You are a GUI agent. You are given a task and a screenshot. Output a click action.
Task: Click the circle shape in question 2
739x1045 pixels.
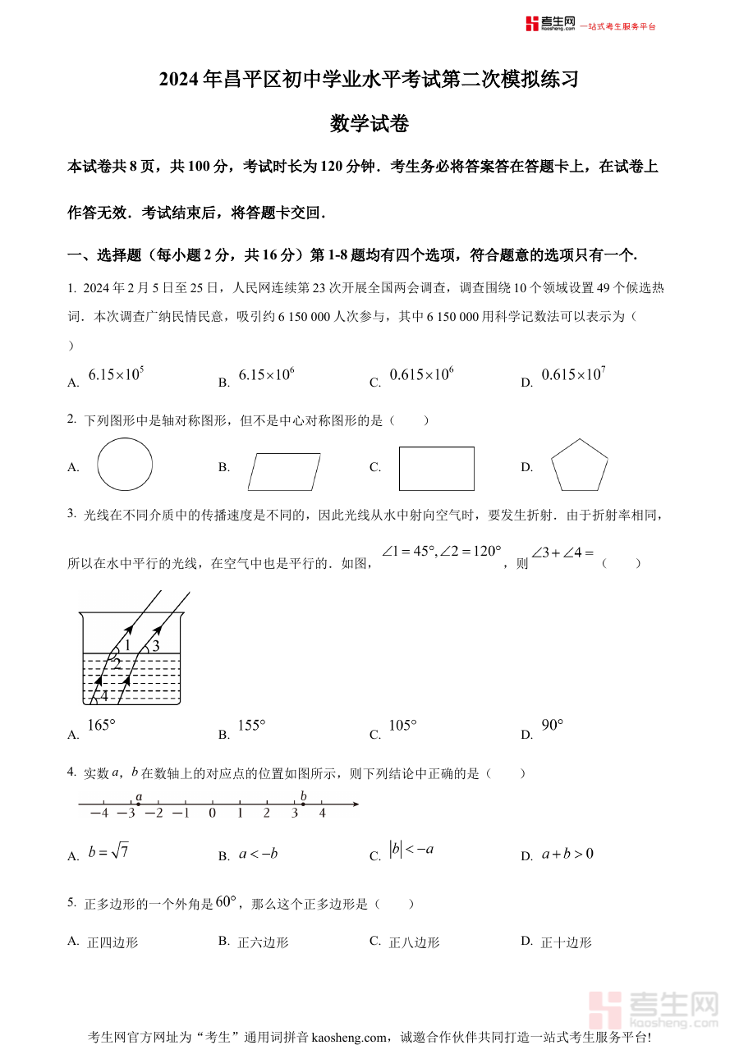click(x=125, y=465)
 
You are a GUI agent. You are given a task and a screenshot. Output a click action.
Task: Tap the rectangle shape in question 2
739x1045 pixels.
click(x=436, y=468)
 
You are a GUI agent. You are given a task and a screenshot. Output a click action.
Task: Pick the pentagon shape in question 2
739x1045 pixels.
click(x=580, y=467)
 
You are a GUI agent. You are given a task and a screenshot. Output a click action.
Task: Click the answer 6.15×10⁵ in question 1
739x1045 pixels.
click(x=116, y=375)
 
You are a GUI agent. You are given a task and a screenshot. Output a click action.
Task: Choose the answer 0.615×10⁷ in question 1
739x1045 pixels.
click(x=573, y=375)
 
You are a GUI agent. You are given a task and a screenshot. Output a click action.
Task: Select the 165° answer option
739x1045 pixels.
click(x=101, y=726)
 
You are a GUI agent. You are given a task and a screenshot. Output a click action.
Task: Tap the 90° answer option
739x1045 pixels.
click(x=553, y=726)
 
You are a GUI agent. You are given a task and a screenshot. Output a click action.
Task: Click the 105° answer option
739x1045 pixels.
click(x=402, y=726)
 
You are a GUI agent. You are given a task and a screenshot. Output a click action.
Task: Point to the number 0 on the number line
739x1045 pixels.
click(x=212, y=814)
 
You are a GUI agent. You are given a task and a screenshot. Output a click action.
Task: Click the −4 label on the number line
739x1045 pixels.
click(x=99, y=814)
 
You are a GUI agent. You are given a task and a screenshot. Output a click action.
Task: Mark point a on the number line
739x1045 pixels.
click(x=138, y=804)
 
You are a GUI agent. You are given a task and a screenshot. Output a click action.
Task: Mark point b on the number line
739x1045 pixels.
click(x=303, y=804)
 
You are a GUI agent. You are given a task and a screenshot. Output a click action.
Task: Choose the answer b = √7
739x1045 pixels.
click(x=108, y=851)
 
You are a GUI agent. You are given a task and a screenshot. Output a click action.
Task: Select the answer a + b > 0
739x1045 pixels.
click(x=567, y=855)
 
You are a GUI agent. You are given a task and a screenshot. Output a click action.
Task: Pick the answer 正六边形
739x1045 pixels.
click(x=263, y=942)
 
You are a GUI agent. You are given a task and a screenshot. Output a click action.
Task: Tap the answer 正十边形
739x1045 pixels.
click(x=566, y=942)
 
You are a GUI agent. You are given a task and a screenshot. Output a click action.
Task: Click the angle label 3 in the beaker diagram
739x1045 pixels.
click(x=155, y=646)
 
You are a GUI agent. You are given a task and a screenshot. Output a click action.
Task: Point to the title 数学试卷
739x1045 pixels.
click(x=369, y=124)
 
